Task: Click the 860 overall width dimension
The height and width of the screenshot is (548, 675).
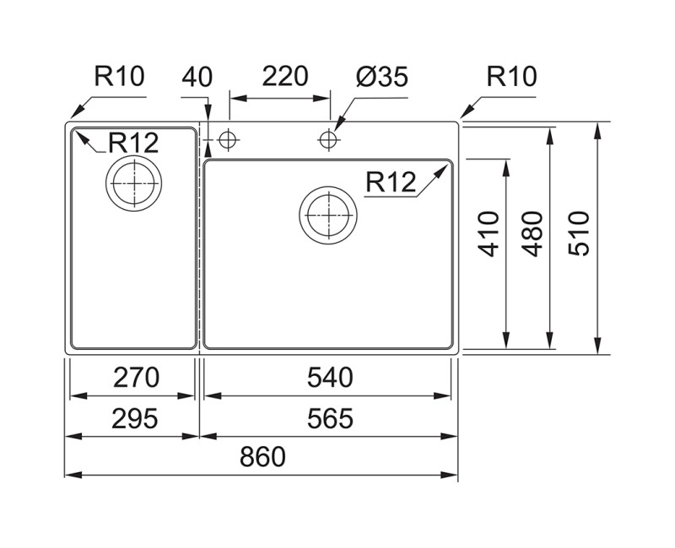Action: point(262,457)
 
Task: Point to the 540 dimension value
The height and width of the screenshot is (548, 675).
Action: point(329,377)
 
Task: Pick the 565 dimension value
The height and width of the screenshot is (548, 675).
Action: point(329,417)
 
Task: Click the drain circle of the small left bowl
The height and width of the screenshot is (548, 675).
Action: point(132,182)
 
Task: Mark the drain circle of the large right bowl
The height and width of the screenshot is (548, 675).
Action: point(327,214)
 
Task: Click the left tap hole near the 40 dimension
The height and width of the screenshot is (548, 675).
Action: point(226,139)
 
